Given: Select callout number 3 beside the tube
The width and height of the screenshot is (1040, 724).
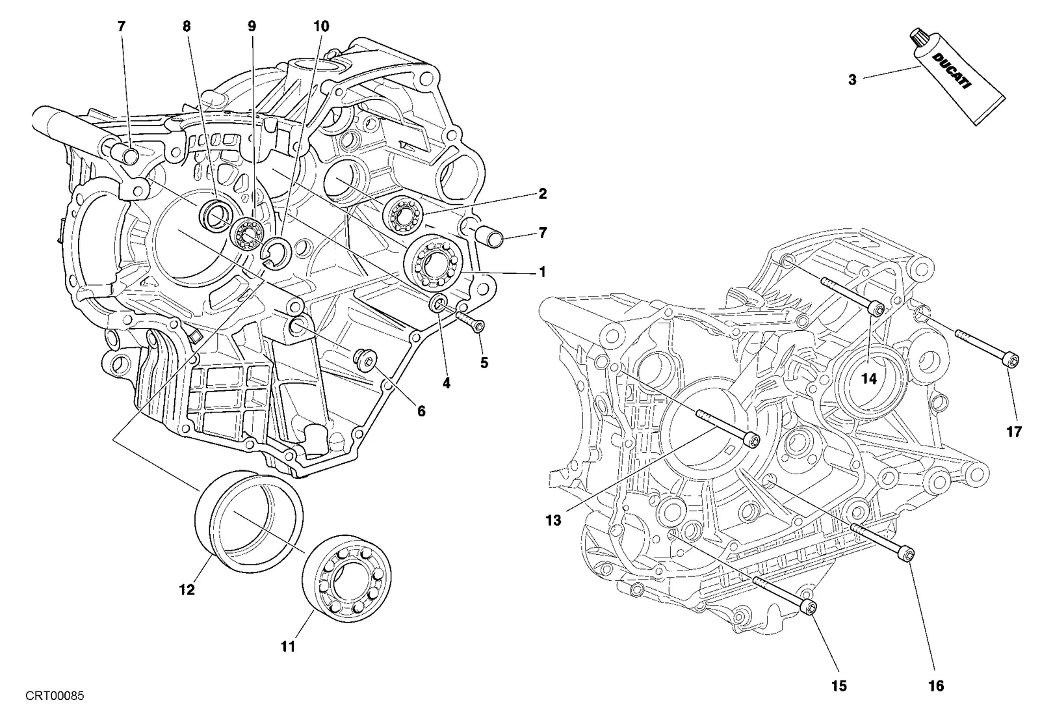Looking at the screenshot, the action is (x=852, y=80).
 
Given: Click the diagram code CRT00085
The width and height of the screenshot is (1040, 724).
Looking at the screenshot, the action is (x=55, y=695).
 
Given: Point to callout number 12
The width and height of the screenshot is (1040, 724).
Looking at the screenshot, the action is (x=187, y=590).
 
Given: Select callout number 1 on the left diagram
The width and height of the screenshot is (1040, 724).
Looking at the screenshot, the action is (x=541, y=272).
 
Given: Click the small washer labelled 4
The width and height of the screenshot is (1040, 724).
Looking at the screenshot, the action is (x=439, y=304).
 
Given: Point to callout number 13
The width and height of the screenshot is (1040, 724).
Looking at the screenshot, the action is (x=553, y=520).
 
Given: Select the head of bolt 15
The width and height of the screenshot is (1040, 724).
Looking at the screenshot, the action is (x=809, y=608).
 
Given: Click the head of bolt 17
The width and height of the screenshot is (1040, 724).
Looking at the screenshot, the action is (x=1011, y=360).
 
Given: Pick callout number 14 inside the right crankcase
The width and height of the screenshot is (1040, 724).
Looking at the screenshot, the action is (x=869, y=379).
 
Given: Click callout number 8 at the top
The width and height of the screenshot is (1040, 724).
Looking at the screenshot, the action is (x=187, y=27).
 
